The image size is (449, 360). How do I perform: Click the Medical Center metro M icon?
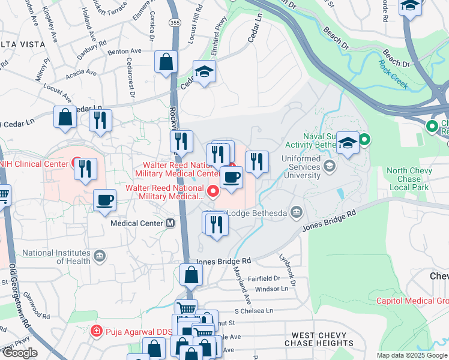(x=170, y=223)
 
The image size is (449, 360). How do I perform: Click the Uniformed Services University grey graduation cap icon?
(x=329, y=165)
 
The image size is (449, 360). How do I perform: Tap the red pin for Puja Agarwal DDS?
(x=95, y=331)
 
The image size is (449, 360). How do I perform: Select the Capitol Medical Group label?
(x=412, y=301)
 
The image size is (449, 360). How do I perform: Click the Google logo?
(x=20, y=353)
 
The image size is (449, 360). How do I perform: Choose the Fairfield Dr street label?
(x=264, y=278)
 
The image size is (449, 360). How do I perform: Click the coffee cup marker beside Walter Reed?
(x=231, y=178)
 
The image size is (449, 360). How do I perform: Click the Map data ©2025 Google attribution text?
(x=412, y=355)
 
